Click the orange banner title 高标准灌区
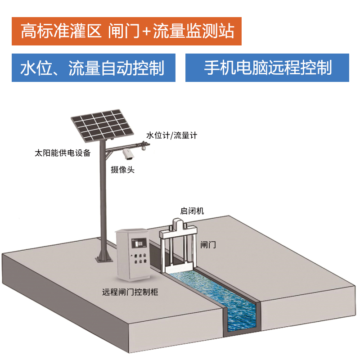coord(61,31)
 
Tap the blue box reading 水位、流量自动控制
coord(94,68)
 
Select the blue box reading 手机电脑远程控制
coord(267,68)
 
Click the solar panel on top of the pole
coord(102,125)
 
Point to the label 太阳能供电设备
coord(63,153)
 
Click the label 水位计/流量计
coord(172,135)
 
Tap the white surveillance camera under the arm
coord(128,154)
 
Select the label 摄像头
coord(122,170)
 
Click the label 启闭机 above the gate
coord(192,211)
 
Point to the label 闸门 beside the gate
coord(208,245)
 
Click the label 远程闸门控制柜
coord(130,292)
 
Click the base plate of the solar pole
coord(104,260)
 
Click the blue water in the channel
coord(220,298)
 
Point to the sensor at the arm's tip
coord(144,145)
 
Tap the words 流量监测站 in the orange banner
coord(193,31)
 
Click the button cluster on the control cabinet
coord(140,258)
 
